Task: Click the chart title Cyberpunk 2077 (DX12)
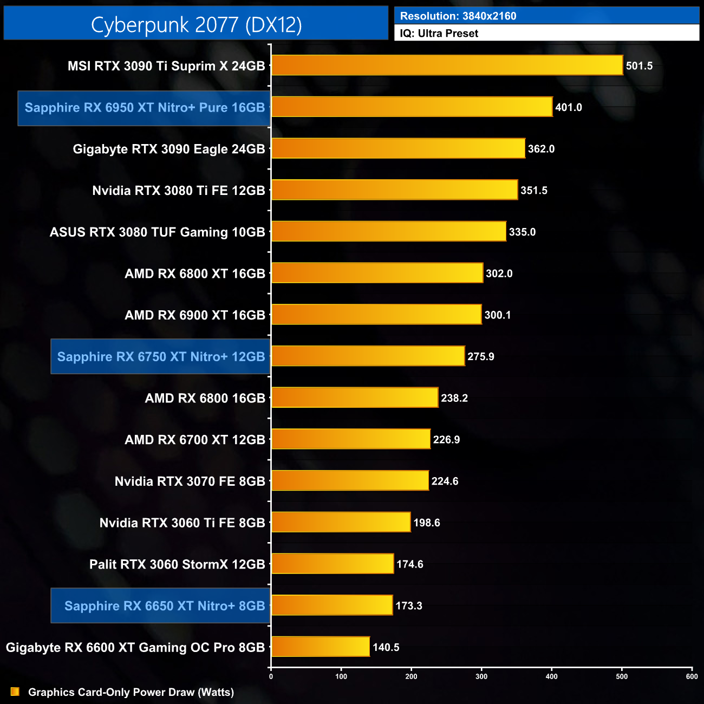coord(196,24)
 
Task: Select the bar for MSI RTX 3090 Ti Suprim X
coord(447,66)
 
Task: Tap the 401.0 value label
coord(568,107)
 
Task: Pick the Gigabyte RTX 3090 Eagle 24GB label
coord(169,149)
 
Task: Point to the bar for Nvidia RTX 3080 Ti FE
coord(394,190)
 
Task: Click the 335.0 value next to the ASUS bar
coord(522,232)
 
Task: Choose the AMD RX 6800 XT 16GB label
coord(195,273)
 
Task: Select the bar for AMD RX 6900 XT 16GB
coord(376,315)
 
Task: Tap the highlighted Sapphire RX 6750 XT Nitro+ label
coord(161,356)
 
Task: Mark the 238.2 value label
coord(454,398)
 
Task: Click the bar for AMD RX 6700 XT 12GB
coord(351,439)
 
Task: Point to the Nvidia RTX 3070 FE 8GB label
coord(190,481)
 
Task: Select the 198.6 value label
coord(426,523)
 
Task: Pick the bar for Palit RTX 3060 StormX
coord(333,564)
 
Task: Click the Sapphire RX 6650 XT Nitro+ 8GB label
coord(165,605)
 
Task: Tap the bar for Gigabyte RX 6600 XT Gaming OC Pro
coord(321,647)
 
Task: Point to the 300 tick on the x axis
coord(481,676)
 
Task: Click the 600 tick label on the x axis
coord(692,676)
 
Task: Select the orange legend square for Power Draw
coord(15,692)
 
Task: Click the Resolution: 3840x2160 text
coord(458,16)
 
